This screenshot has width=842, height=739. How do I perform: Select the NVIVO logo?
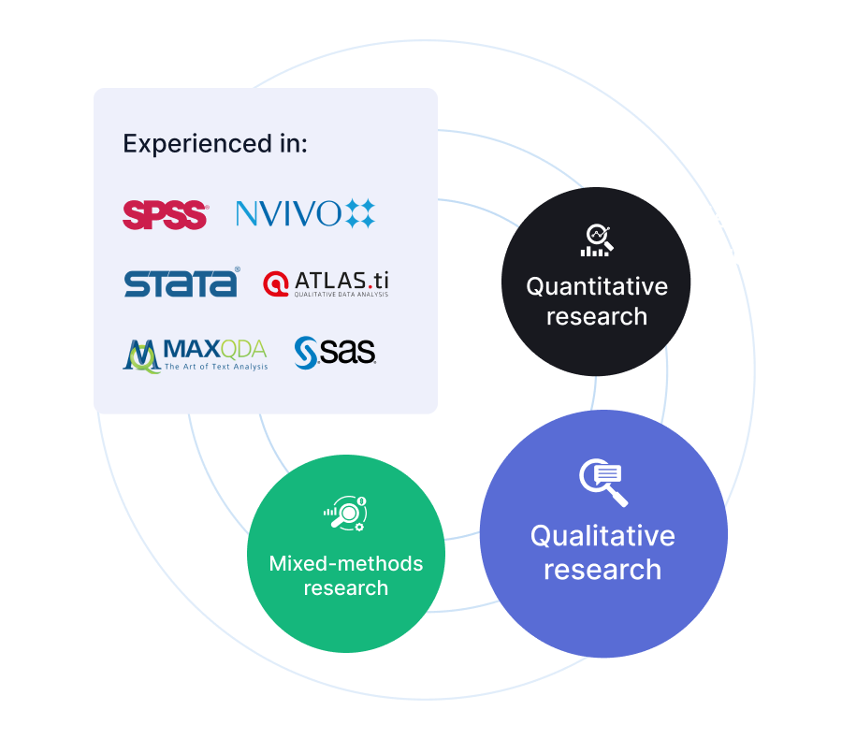click(305, 214)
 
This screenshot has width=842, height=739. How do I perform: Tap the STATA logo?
click(181, 283)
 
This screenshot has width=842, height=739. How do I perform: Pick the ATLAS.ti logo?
click(326, 283)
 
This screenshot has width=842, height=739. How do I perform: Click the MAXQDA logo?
click(195, 355)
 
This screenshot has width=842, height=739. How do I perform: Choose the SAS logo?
click(335, 353)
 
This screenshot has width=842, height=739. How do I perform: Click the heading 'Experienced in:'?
click(215, 144)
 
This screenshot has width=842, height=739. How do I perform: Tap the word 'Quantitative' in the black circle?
click(597, 286)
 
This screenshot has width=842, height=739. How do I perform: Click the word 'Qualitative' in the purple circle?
click(602, 536)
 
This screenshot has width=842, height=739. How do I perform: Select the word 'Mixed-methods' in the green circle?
click(346, 564)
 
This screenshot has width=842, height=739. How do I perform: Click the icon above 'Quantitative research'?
click(596, 240)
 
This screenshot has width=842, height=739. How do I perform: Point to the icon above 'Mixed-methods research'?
click(345, 514)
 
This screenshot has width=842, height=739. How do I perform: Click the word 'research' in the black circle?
click(597, 316)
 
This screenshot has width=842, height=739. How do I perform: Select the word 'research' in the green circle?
click(346, 588)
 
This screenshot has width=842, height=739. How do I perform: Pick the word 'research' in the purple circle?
click(602, 570)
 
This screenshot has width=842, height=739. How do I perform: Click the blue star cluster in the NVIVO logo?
click(359, 214)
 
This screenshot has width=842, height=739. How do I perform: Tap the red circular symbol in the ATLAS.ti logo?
click(276, 283)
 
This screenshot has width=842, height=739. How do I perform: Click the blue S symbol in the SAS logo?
click(307, 353)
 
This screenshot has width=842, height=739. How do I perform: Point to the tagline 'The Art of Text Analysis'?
click(216, 367)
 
